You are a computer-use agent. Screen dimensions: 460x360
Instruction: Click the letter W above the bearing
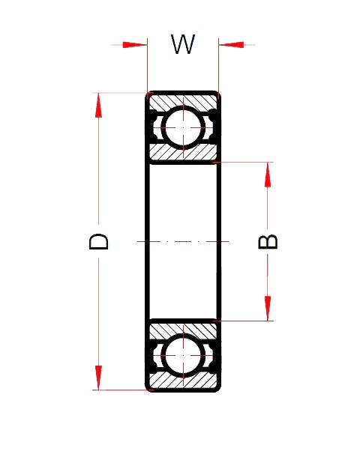tap(182, 45)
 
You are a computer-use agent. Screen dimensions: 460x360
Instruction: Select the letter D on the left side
tap(99, 241)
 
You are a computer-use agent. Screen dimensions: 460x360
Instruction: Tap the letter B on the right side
tap(268, 241)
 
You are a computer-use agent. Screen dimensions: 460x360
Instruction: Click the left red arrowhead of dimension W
tap(135, 45)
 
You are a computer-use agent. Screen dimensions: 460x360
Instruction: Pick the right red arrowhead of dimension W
tap(230, 45)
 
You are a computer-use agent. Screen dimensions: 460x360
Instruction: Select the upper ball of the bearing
tap(182, 127)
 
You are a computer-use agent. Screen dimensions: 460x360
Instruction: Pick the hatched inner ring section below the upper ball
tap(182, 153)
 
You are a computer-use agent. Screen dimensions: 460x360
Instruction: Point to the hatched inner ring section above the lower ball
tap(182, 329)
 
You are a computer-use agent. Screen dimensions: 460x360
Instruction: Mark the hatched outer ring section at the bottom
tap(182, 383)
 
